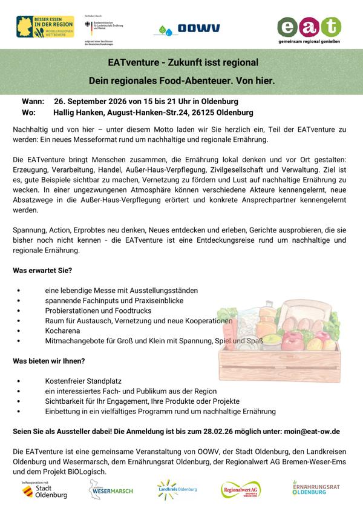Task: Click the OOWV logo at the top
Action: coord(190,28)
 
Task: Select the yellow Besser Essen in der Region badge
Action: coord(45,27)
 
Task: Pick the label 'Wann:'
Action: coord(33,100)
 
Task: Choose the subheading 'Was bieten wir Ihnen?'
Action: coord(48,361)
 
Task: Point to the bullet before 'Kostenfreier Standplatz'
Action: coord(20,381)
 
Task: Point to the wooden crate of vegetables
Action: coord(278,339)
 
